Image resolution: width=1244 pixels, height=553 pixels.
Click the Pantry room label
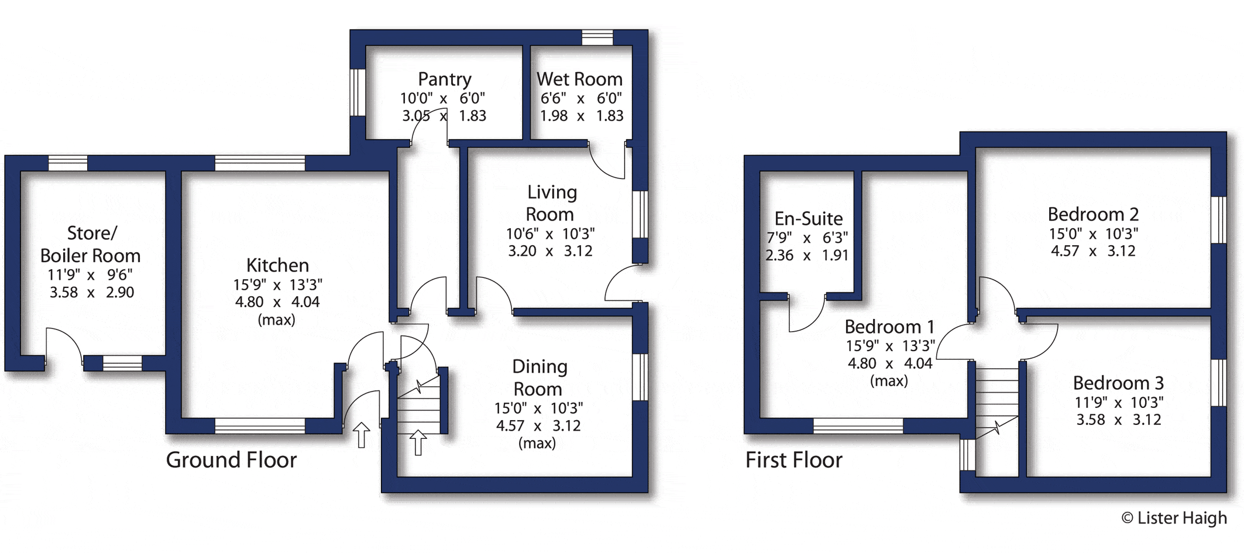click(x=444, y=79)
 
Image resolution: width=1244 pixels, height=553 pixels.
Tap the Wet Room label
click(x=579, y=79)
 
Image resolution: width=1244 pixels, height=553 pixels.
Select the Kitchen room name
click(x=277, y=265)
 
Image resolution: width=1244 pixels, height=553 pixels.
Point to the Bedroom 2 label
click(x=1093, y=214)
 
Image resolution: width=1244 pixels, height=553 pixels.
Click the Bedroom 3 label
click(x=1118, y=383)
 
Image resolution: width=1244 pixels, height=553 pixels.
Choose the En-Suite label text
click(x=809, y=218)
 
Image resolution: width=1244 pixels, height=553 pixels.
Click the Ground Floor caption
click(x=231, y=460)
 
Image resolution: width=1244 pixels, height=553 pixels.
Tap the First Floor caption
click(x=793, y=460)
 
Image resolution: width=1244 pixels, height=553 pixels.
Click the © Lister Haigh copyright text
click(x=1174, y=518)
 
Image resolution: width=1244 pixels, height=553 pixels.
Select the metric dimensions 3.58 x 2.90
click(x=92, y=292)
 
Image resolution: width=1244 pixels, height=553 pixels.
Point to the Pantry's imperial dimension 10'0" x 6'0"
click(x=442, y=98)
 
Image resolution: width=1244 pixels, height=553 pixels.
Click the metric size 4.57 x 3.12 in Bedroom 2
click(x=1093, y=251)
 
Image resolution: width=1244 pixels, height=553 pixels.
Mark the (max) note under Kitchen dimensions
click(x=276, y=320)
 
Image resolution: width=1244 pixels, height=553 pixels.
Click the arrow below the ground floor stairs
click(x=418, y=442)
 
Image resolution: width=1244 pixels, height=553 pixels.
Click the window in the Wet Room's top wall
click(x=597, y=37)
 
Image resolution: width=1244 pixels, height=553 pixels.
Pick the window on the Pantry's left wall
click(x=358, y=92)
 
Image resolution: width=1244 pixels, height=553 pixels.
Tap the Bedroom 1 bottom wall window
click(x=858, y=426)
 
